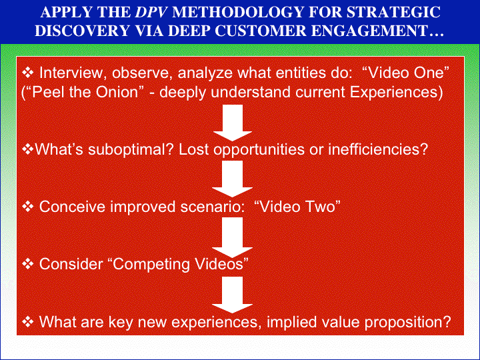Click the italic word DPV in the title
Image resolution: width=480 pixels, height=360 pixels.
(151, 12)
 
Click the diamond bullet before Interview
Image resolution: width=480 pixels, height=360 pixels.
(28, 73)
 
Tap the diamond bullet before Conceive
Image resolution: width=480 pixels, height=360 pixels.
(28, 207)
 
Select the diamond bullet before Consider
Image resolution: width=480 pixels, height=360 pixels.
(28, 264)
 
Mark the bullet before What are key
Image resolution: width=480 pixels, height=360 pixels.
(28, 321)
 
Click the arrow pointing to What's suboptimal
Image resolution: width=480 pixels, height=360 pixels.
(233, 123)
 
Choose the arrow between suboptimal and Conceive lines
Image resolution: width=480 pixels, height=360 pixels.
(233, 179)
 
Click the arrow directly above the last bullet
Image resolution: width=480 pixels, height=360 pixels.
(233, 295)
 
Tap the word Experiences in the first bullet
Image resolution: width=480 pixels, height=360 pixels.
(396, 92)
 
